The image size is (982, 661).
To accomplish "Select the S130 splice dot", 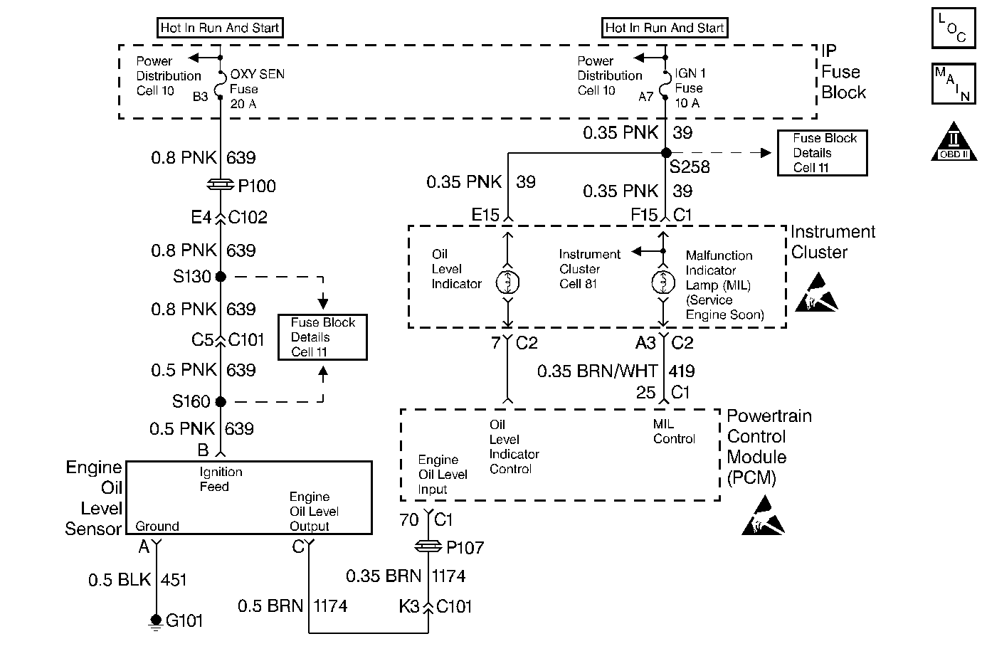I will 221,277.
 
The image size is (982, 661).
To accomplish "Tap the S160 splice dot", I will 221,402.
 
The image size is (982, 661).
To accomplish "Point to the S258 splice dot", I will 665,153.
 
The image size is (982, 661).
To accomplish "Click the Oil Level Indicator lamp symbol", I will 507,282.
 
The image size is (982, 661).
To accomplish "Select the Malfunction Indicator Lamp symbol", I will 663,282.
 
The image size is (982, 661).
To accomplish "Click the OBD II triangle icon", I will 953,142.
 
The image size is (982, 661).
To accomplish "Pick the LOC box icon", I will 953,28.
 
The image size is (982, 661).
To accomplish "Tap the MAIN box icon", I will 953,84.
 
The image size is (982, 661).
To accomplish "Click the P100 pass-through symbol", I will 221,185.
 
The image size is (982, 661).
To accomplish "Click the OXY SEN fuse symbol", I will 221,84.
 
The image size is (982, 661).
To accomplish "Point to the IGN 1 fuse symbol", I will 665,84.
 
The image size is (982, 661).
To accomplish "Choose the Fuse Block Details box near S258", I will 822,153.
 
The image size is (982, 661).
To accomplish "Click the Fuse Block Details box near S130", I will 322,337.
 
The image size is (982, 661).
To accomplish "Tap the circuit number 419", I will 682,371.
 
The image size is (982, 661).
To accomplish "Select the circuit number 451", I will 174,580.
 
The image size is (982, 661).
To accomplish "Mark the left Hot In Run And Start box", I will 219,28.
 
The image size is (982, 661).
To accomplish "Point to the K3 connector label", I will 410,606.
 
